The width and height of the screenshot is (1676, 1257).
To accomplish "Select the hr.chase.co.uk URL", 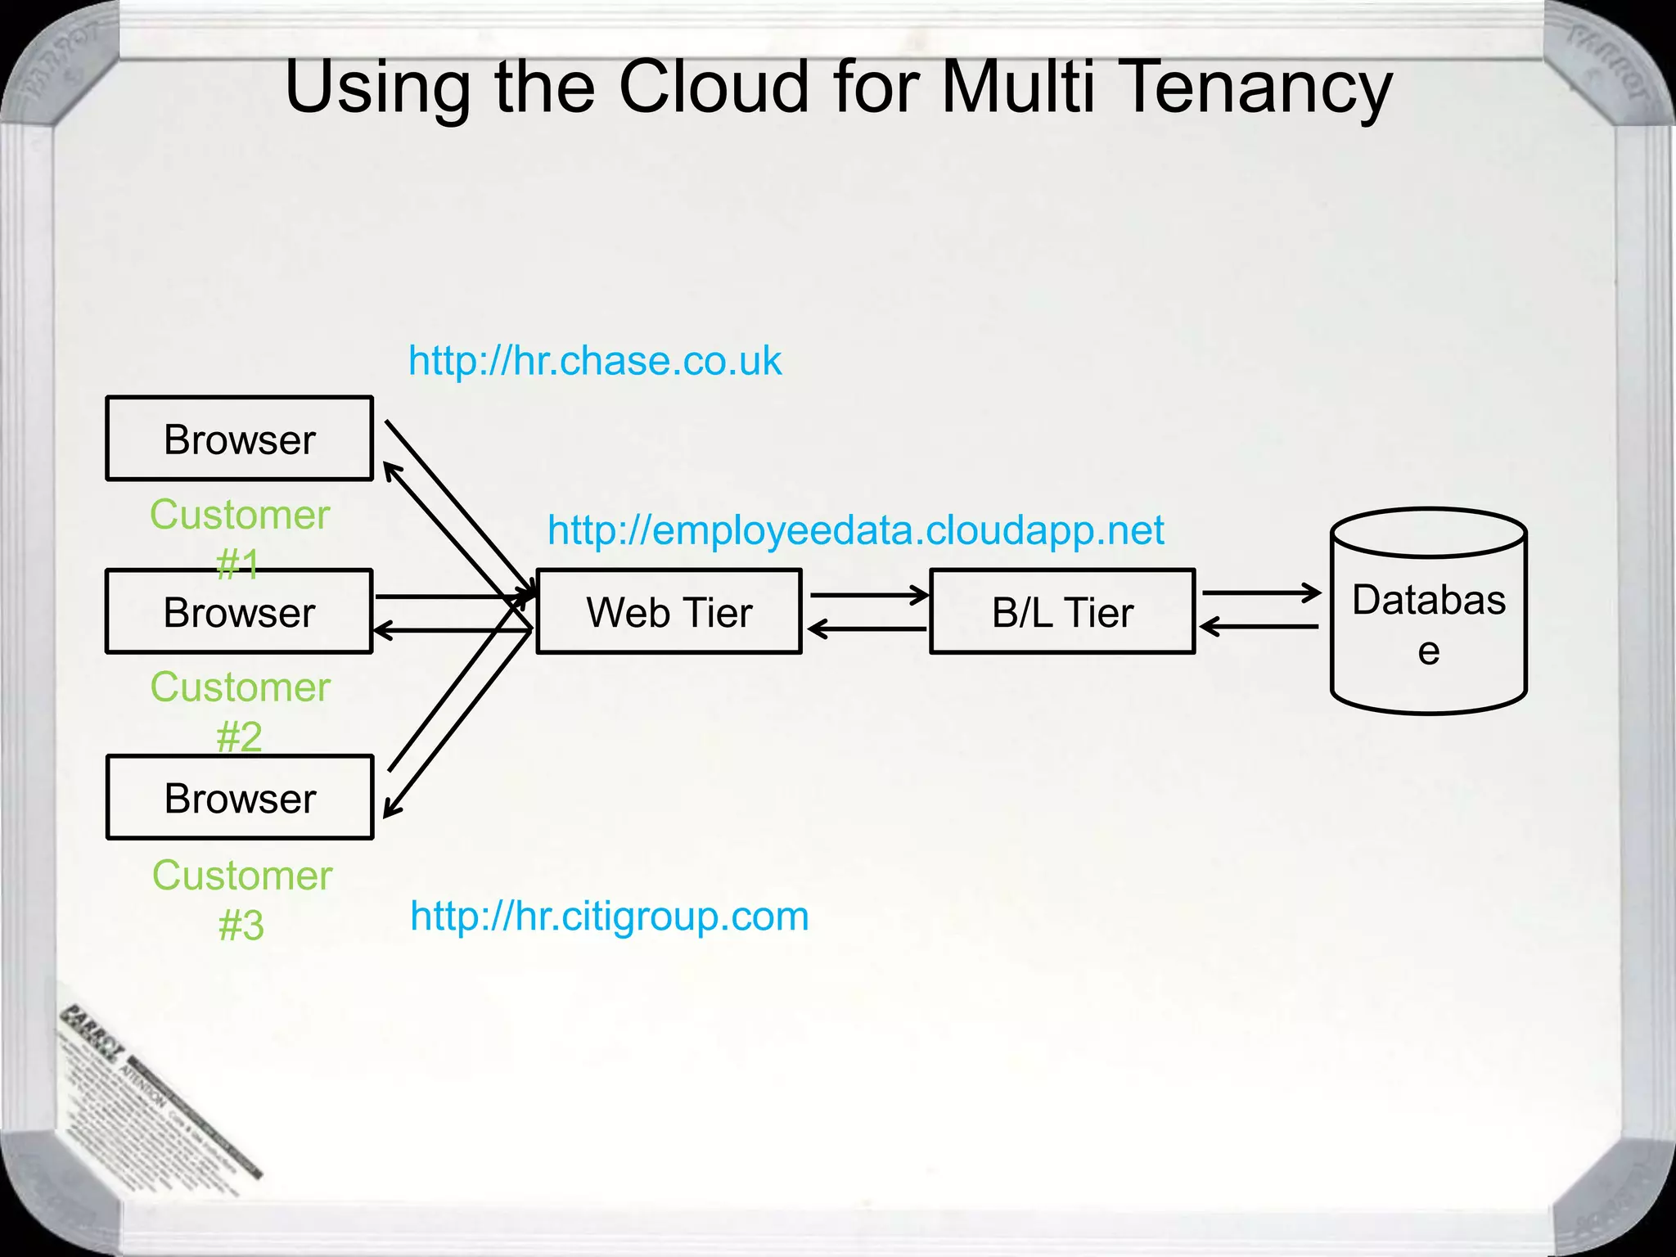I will [x=595, y=361].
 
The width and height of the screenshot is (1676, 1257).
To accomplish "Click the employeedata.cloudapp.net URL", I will [x=855, y=530].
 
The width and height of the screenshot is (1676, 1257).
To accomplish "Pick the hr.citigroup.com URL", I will [x=609, y=916].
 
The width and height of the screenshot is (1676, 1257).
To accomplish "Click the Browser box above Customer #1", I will [x=240, y=439].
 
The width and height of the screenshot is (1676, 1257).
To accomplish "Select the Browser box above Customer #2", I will [x=240, y=611].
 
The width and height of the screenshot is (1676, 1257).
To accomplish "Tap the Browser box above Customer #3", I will [x=240, y=797].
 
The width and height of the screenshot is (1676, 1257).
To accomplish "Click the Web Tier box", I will [x=669, y=611].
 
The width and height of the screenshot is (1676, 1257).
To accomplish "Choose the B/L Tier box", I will [x=1062, y=611].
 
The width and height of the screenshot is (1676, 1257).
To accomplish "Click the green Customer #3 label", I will [x=242, y=899].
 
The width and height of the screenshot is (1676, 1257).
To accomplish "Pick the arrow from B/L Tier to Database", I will [x=1260, y=592].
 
